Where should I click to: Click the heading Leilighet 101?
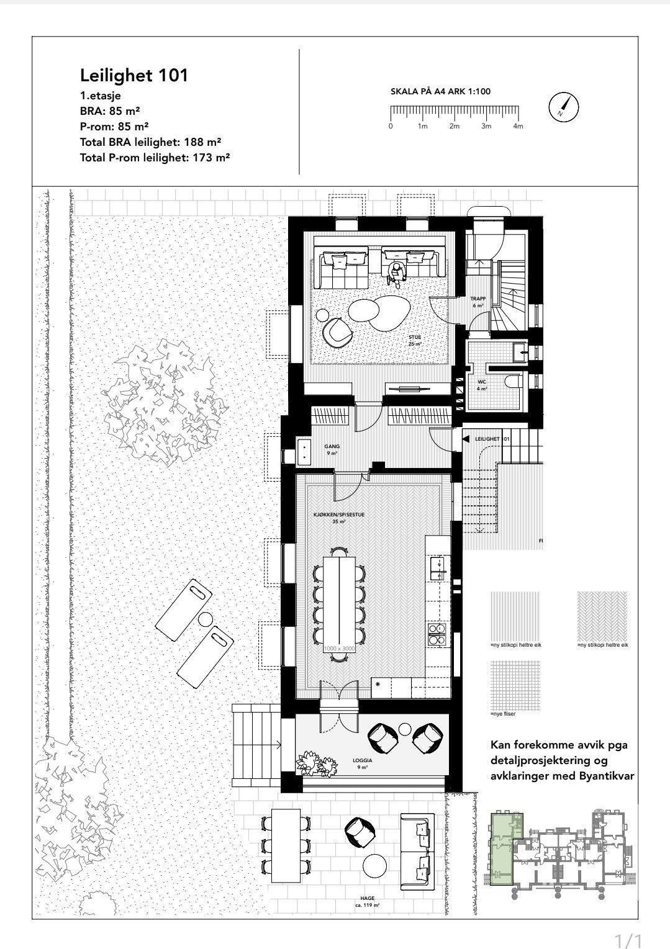coord(134,76)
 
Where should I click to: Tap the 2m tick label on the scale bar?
coord(455,126)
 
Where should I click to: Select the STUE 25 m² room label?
coord(415,340)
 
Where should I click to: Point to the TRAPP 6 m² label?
coord(478,302)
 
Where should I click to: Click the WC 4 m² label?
coord(481,385)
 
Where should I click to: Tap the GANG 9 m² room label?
coord(332,449)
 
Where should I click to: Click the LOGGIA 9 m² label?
coord(362,763)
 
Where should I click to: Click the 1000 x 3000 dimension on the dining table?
coord(338,648)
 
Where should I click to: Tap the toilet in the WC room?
coord(513,381)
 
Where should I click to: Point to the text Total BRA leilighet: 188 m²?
coord(151,142)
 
